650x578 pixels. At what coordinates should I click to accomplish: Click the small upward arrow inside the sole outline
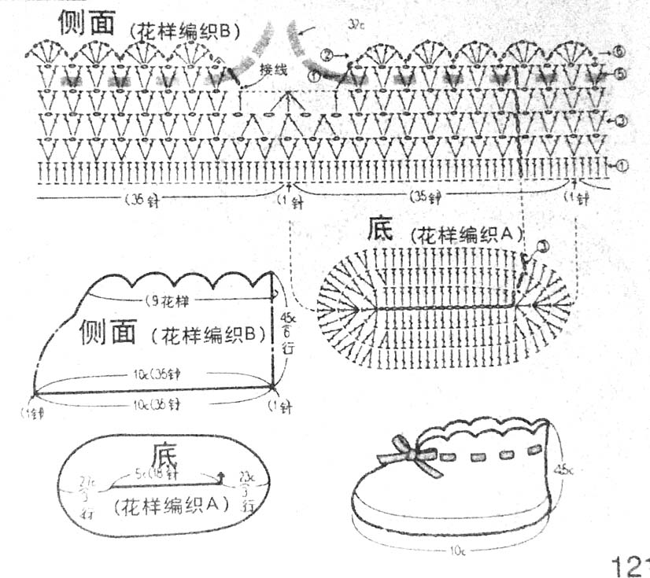click(x=221, y=474)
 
